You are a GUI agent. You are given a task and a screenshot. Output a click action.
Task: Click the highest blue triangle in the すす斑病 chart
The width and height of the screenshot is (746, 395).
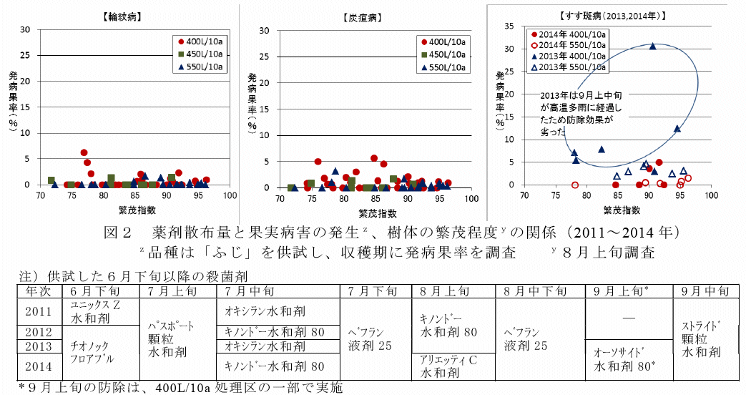point(652,46)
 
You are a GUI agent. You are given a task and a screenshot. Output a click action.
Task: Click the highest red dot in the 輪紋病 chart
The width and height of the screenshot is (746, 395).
point(84,152)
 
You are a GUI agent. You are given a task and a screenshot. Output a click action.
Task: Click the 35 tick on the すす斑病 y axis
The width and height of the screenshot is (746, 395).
point(509,26)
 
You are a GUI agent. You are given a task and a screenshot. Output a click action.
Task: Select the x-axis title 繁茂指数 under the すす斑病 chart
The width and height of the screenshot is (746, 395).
point(622,210)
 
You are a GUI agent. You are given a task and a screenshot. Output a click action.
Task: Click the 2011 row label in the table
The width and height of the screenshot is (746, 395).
point(38,312)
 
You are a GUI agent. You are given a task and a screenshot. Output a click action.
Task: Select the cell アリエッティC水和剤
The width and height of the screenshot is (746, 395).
point(449,366)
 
